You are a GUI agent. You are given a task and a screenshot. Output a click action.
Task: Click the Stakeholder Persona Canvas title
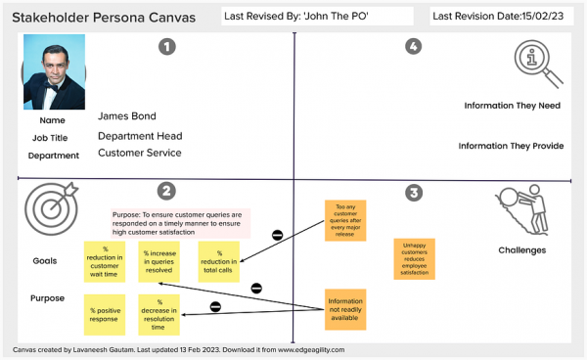103,17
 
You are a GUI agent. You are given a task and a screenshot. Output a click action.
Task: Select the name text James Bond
127,116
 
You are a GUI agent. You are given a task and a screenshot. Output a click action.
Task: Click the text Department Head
140,136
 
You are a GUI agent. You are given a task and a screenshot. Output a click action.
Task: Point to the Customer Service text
140,153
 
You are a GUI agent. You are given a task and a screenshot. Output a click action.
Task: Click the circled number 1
167,46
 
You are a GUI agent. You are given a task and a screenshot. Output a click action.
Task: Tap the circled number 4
414,46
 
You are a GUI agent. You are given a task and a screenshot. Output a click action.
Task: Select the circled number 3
414,194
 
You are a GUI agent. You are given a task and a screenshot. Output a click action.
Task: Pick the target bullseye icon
47,207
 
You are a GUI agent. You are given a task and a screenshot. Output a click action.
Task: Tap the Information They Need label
513,105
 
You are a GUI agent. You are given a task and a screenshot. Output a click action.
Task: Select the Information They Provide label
511,146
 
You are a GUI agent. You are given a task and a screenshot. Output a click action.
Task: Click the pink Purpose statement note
180,223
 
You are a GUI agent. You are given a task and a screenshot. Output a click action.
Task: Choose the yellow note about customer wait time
104,261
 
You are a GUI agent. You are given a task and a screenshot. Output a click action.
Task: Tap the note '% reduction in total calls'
219,261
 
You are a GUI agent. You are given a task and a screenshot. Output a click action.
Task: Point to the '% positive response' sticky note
104,315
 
